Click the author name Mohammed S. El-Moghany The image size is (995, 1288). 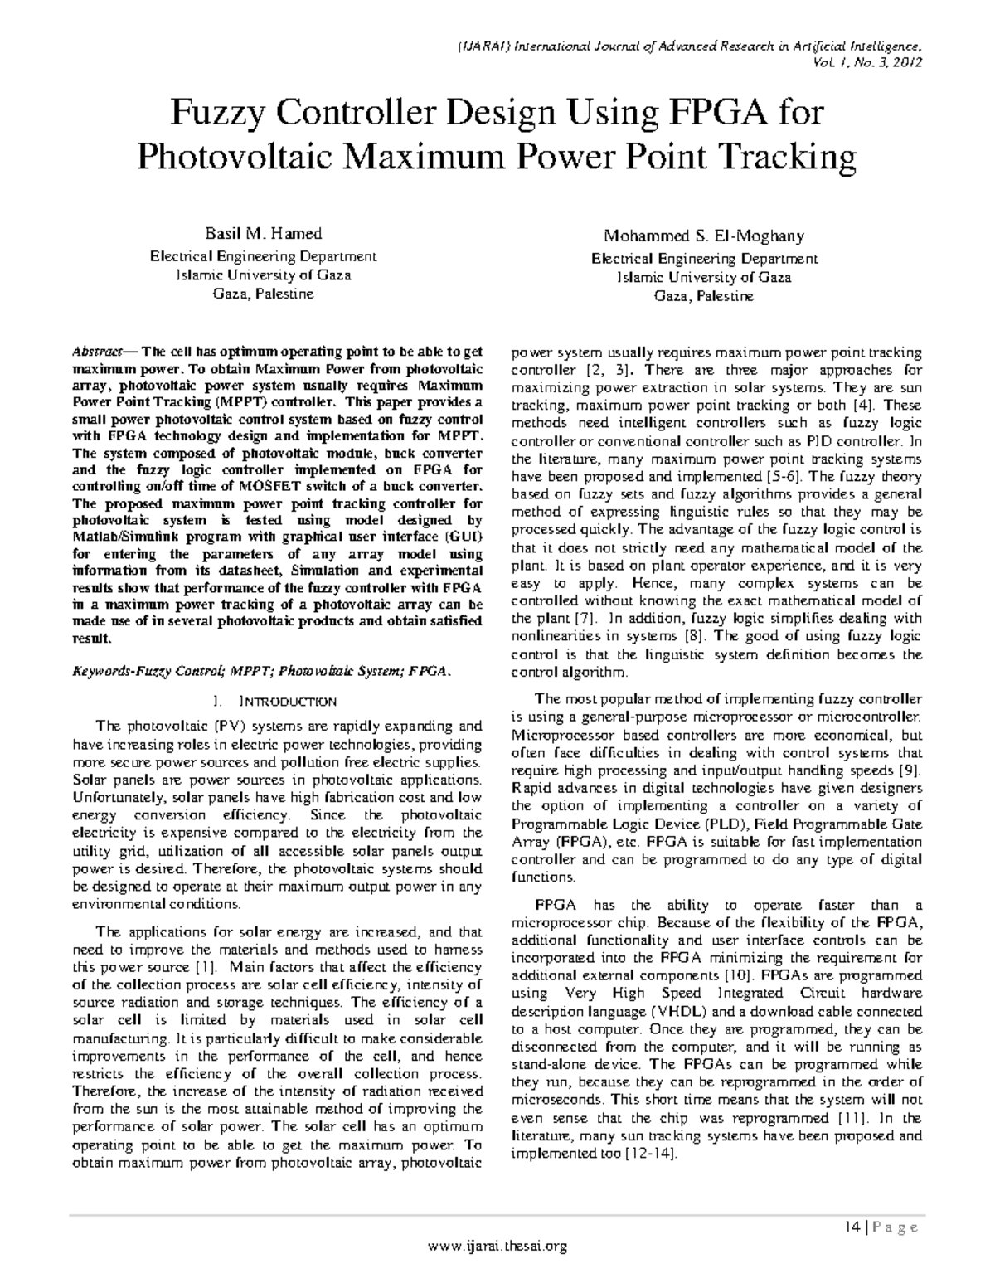pyautogui.click(x=704, y=236)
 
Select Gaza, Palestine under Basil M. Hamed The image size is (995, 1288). pyautogui.click(x=263, y=294)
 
